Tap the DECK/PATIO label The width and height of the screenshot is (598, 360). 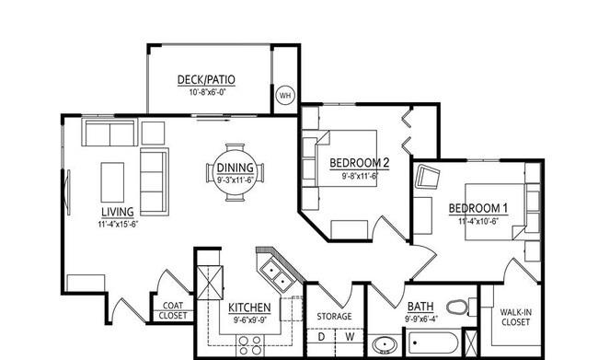206,80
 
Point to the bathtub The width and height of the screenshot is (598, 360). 433,343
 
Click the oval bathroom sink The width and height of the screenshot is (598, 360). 385,344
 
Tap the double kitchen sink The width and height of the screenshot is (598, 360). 277,275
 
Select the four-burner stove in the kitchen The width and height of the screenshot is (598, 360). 250,345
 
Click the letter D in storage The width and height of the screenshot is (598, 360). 321,337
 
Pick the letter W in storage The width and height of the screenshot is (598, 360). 350,337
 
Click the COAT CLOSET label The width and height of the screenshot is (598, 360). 173,311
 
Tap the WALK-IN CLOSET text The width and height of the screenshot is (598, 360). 515,318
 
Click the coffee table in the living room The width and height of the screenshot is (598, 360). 112,182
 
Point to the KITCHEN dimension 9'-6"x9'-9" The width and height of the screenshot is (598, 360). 250,319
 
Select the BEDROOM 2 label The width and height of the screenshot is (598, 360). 359,163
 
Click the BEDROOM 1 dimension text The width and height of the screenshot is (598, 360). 478,221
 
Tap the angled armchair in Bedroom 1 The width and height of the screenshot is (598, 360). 427,177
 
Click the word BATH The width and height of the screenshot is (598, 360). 420,307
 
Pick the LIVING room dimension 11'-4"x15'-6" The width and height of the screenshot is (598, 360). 118,224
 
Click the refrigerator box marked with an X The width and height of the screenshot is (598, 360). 210,283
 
